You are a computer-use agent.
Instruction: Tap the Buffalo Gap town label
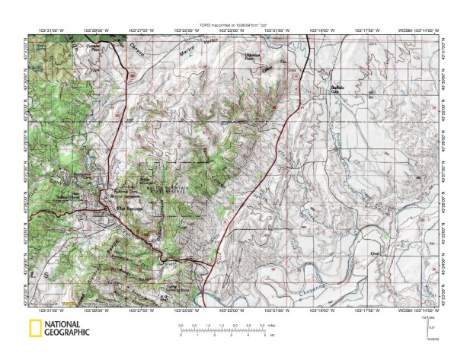337,89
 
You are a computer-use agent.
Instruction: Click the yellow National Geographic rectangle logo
34,329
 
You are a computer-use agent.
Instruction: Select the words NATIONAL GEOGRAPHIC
67,329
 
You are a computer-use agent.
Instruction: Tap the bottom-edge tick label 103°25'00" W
186,310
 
